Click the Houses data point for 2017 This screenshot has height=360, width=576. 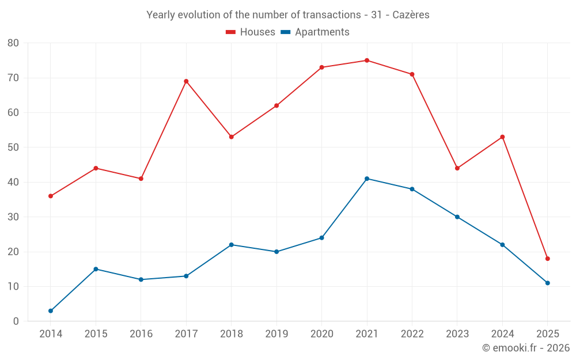click(186, 81)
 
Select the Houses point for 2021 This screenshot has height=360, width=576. click(367, 60)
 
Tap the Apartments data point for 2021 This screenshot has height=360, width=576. click(367, 179)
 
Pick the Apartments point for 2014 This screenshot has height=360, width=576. click(51, 311)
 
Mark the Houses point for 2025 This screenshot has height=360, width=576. click(548, 259)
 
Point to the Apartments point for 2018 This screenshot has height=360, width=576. click(232, 245)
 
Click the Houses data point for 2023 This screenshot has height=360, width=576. click(457, 168)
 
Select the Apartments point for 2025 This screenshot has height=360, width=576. click(548, 283)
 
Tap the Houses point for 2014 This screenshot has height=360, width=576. click(51, 196)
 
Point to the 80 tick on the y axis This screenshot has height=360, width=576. click(13, 43)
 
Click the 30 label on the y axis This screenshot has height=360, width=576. click(13, 217)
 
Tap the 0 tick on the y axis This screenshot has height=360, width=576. click(16, 321)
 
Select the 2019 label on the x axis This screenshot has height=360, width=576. click(276, 334)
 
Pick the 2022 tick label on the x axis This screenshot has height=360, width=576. click(412, 334)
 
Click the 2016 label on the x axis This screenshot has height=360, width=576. click(141, 334)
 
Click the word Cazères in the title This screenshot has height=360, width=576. click(411, 15)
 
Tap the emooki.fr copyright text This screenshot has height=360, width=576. click(526, 348)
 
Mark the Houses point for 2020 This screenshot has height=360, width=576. click(322, 67)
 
